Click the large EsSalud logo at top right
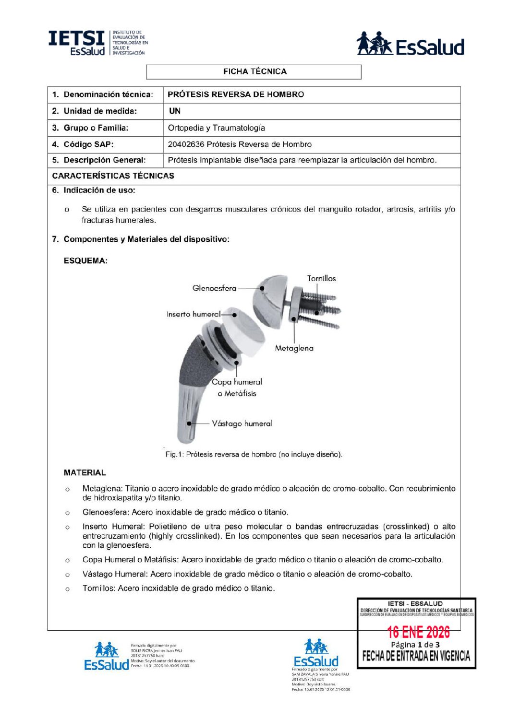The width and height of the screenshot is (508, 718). [410, 44]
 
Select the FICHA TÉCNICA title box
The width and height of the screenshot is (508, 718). [254, 71]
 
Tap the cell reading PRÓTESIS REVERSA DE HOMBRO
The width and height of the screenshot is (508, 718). [236, 94]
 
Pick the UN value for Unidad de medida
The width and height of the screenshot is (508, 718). [175, 111]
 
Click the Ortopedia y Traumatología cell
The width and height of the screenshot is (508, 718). [216, 128]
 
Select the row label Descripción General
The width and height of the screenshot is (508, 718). [104, 160]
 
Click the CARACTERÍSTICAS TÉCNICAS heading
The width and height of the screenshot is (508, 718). [113, 176]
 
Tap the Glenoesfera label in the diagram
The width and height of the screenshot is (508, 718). [214, 288]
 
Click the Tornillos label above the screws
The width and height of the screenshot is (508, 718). [321, 278]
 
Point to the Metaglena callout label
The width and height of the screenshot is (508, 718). [294, 348]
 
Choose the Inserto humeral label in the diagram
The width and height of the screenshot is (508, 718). [193, 314]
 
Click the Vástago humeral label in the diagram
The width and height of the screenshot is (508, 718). [242, 424]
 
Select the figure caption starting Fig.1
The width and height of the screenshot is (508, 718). [254, 454]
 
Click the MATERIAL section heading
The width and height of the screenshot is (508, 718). [85, 473]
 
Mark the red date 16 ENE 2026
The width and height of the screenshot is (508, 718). [418, 632]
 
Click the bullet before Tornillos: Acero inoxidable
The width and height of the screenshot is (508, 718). [67, 589]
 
